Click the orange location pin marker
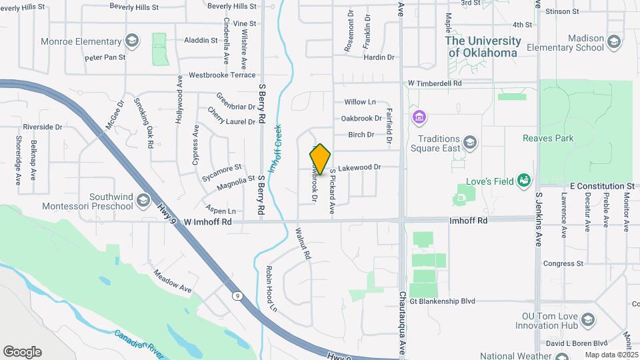click(x=320, y=159)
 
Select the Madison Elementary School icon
click(x=614, y=42)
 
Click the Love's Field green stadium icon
click(x=524, y=180)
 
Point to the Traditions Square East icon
click(x=470, y=142)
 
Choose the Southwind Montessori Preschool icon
click(x=143, y=200)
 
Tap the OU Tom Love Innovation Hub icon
click(x=587, y=321)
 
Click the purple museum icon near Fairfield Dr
click(x=419, y=119)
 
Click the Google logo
click(x=22, y=351)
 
